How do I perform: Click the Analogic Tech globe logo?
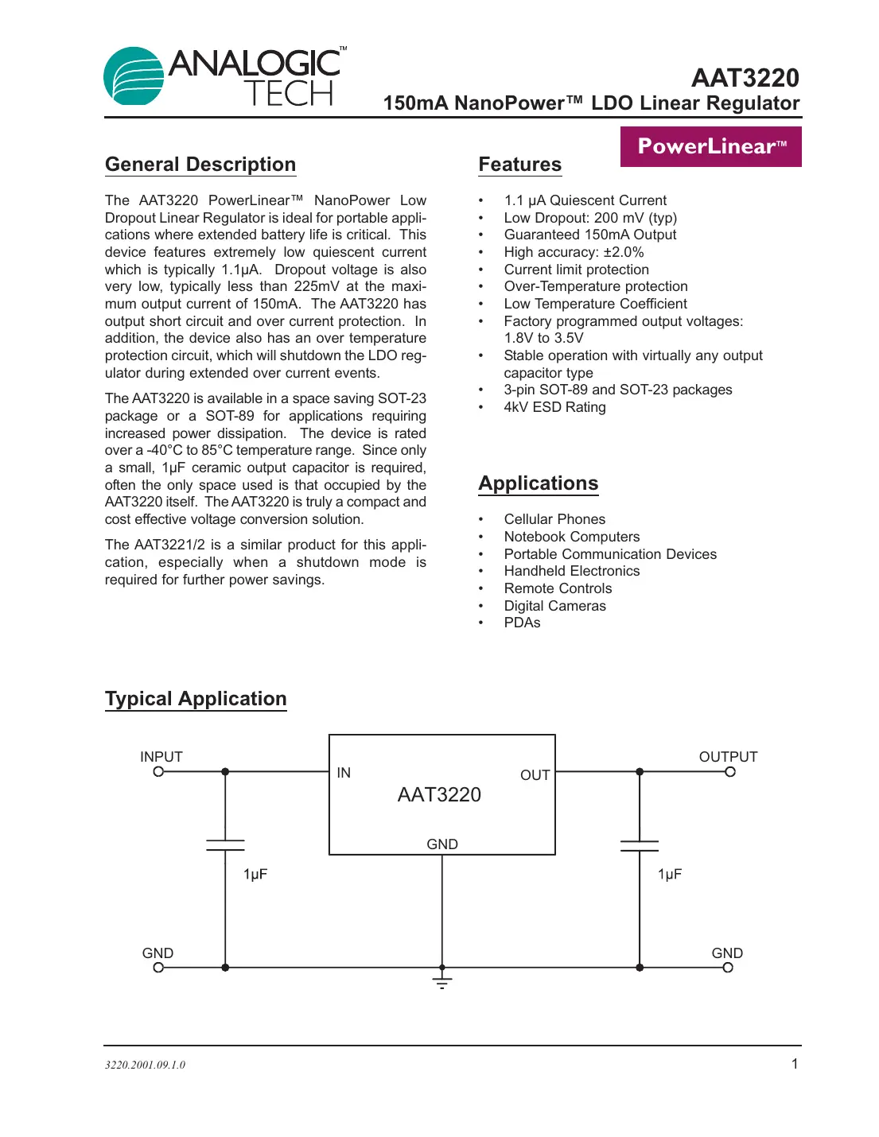tap(134, 76)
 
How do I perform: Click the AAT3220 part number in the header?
tap(745, 78)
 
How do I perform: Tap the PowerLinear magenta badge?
tap(710, 146)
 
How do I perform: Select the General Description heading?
tap(200, 165)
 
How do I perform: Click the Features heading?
tap(519, 165)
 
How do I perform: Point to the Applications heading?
tap(538, 483)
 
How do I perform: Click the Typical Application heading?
tap(196, 699)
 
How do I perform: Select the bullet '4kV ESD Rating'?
tap(554, 407)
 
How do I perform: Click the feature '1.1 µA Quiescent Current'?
tap(585, 200)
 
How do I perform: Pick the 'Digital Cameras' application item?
tap(554, 606)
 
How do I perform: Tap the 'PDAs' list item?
tap(522, 623)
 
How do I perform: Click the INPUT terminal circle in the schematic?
tap(158, 771)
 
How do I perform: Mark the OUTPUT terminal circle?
tap(730, 771)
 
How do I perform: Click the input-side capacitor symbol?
tap(225, 844)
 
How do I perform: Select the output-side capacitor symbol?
tap(640, 845)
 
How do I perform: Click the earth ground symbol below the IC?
tap(442, 981)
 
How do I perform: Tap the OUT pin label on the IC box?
tap(535, 775)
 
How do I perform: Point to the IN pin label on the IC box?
tap(344, 773)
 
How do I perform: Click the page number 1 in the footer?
tap(794, 1064)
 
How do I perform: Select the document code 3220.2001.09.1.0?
tap(145, 1065)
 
